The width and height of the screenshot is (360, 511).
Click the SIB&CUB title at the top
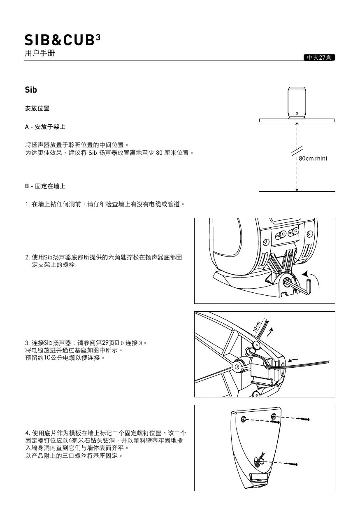pyautogui.click(x=60, y=40)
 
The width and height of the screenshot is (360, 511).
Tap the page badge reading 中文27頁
pyautogui.click(x=319, y=57)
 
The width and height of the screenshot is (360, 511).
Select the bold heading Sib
pyautogui.click(x=31, y=90)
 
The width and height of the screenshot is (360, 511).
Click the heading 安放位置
pyautogui.click(x=37, y=109)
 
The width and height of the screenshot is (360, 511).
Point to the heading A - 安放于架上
pyautogui.click(x=45, y=127)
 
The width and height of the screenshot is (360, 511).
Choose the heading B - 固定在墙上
pyautogui.click(x=45, y=186)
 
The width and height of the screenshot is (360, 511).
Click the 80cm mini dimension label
pyautogui.click(x=313, y=159)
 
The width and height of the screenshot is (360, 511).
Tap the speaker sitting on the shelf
pyautogui.click(x=297, y=102)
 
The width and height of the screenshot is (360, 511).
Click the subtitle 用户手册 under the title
pyautogui.click(x=40, y=54)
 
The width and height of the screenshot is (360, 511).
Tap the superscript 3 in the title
pyautogui.click(x=98, y=37)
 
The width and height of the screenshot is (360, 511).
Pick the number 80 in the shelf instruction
pyautogui.click(x=160, y=153)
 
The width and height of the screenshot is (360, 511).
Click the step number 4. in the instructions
pyautogui.click(x=28, y=433)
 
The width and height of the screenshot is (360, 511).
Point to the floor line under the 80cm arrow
pyautogui.click(x=297, y=191)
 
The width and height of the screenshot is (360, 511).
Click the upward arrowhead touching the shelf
pyautogui.click(x=297, y=124)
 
